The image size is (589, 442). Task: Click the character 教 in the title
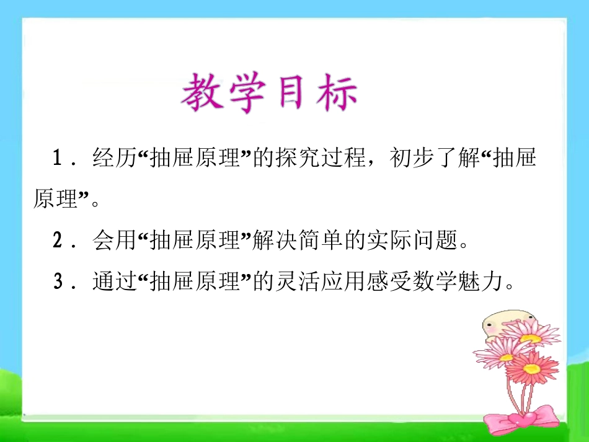click(x=205, y=94)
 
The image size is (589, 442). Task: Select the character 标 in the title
click(x=335, y=94)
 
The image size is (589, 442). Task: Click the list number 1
click(x=58, y=159)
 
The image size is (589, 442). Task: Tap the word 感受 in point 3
click(x=388, y=283)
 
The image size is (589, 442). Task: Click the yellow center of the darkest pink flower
click(x=531, y=368)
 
